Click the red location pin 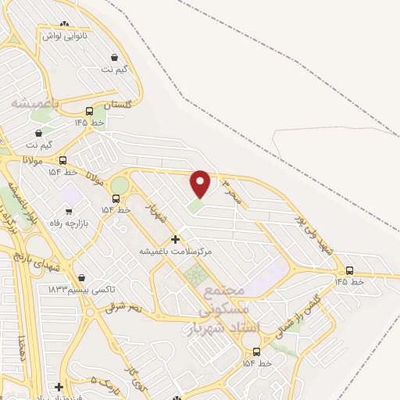point(201,184)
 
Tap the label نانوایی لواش point(65,36)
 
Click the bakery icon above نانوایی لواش point(64,24)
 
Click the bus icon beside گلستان point(90,111)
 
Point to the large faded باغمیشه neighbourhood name point(34,102)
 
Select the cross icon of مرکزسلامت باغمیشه point(175,239)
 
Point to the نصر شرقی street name point(126,307)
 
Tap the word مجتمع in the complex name point(227,289)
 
